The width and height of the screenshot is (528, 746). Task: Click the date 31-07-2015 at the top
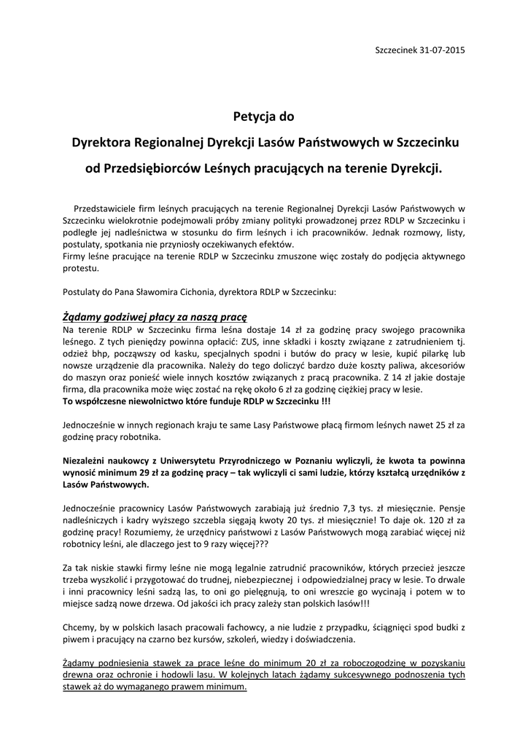pos(443,50)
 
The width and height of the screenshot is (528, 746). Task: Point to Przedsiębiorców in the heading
pos(155,168)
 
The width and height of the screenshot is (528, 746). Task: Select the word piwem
pos(76,640)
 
